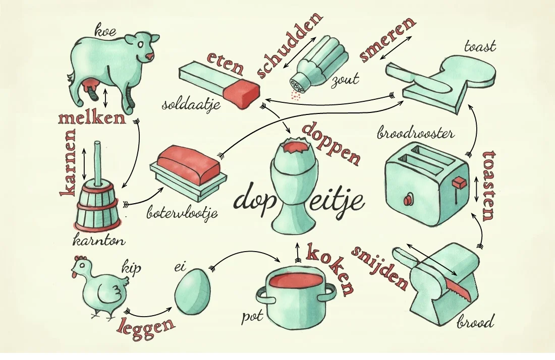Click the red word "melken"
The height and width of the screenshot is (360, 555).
(92, 118)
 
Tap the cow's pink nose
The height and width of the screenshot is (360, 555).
(150, 56)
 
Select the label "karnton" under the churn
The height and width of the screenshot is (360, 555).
(99, 241)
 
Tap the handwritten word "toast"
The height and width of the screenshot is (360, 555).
(480, 46)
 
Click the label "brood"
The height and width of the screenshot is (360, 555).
(475, 322)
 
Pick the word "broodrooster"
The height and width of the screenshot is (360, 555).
(416, 134)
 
